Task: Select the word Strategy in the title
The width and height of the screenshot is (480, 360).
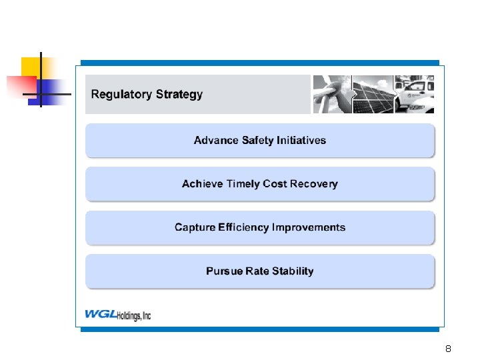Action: point(178,95)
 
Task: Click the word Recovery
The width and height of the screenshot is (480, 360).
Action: point(314,184)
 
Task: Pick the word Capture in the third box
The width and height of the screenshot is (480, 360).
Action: point(195,228)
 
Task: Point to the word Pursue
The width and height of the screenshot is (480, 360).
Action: point(224,271)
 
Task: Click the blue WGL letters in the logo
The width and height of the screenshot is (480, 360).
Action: point(100,314)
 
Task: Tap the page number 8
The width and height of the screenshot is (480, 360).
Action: point(448,349)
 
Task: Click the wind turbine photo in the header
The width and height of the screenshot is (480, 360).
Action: point(332,94)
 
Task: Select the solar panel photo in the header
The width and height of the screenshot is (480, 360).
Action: point(373,94)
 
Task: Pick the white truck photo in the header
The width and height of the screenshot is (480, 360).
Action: point(414,94)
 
